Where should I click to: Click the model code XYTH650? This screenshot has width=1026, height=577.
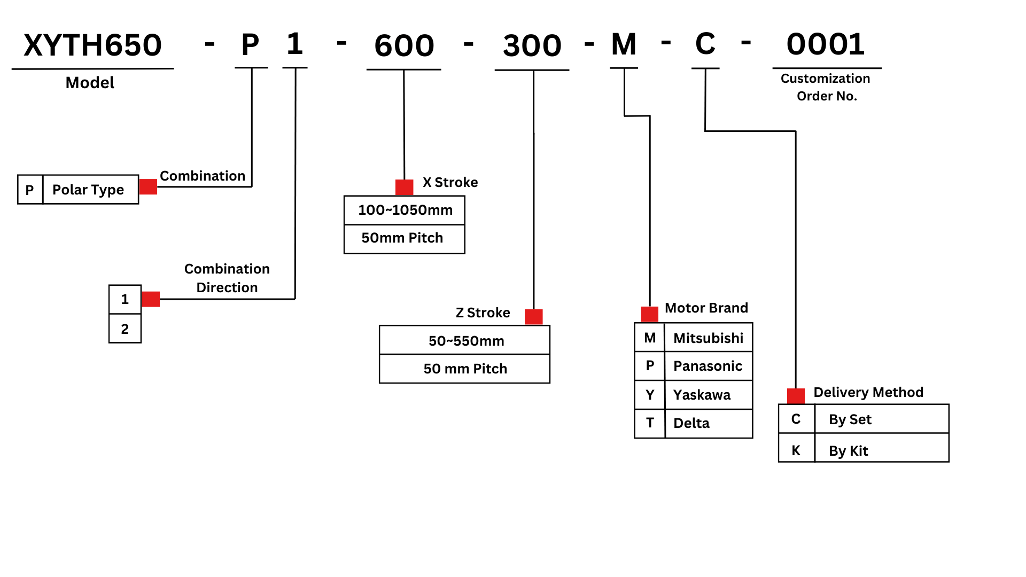pyautogui.click(x=92, y=45)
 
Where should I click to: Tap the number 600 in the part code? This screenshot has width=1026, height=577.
pyautogui.click(x=404, y=46)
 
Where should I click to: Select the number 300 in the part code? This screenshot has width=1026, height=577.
pyautogui.click(x=532, y=46)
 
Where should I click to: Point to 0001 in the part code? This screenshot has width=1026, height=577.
pyautogui.click(x=826, y=44)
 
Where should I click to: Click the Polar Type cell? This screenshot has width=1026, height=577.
pyautogui.click(x=89, y=190)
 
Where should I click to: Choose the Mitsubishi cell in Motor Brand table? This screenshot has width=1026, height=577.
pyautogui.click(x=708, y=338)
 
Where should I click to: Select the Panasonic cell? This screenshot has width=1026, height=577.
pyautogui.click(x=708, y=366)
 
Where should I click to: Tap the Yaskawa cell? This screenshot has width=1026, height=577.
pyautogui.click(x=702, y=395)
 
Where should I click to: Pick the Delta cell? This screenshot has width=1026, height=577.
pyautogui.click(x=691, y=423)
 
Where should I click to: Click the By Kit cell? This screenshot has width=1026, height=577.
pyautogui.click(x=849, y=451)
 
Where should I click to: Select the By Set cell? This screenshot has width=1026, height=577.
pyautogui.click(x=850, y=419)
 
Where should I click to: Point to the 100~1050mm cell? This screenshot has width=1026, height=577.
pyautogui.click(x=405, y=210)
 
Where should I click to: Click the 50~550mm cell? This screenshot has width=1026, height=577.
pyautogui.click(x=466, y=341)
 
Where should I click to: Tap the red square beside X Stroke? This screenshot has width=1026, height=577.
pyautogui.click(x=404, y=188)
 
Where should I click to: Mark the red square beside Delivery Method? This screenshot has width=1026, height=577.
pyautogui.click(x=796, y=396)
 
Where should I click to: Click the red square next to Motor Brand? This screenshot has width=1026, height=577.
pyautogui.click(x=649, y=314)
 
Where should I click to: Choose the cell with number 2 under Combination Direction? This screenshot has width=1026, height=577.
pyautogui.click(x=125, y=329)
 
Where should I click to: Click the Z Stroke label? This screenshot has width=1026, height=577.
pyautogui.click(x=483, y=313)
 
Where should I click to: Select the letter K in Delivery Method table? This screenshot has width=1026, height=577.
pyautogui.click(x=796, y=450)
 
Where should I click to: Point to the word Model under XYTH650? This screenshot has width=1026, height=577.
pyautogui.click(x=90, y=83)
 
